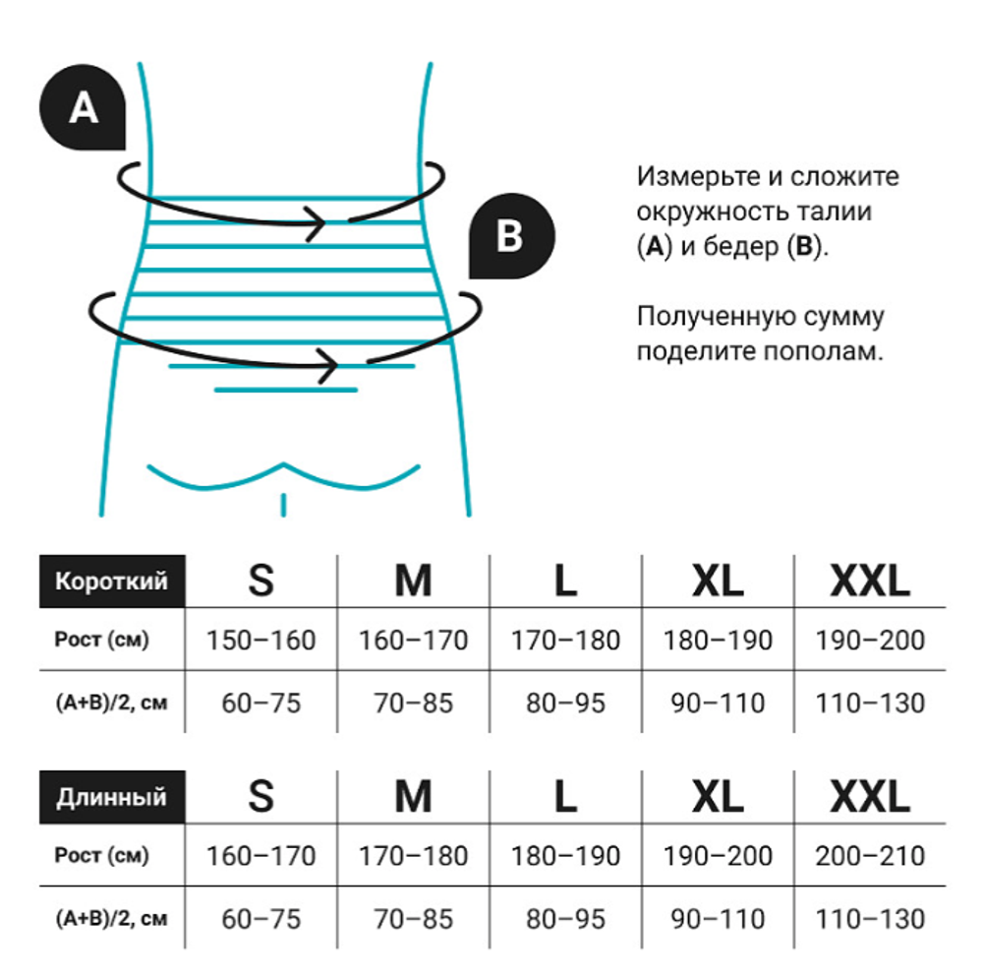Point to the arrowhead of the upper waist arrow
[319, 223]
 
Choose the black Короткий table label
[111, 581]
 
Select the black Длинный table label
[111, 796]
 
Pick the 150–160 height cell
[260, 641]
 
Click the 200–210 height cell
[870, 856]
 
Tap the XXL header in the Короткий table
[870, 582]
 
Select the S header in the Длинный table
[260, 796]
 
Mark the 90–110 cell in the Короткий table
[718, 704]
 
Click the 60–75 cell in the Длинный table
[260, 919]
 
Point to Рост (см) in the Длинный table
[101, 856]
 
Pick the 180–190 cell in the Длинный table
[565, 856]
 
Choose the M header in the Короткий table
[413, 582]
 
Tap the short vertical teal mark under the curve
[284, 505]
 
